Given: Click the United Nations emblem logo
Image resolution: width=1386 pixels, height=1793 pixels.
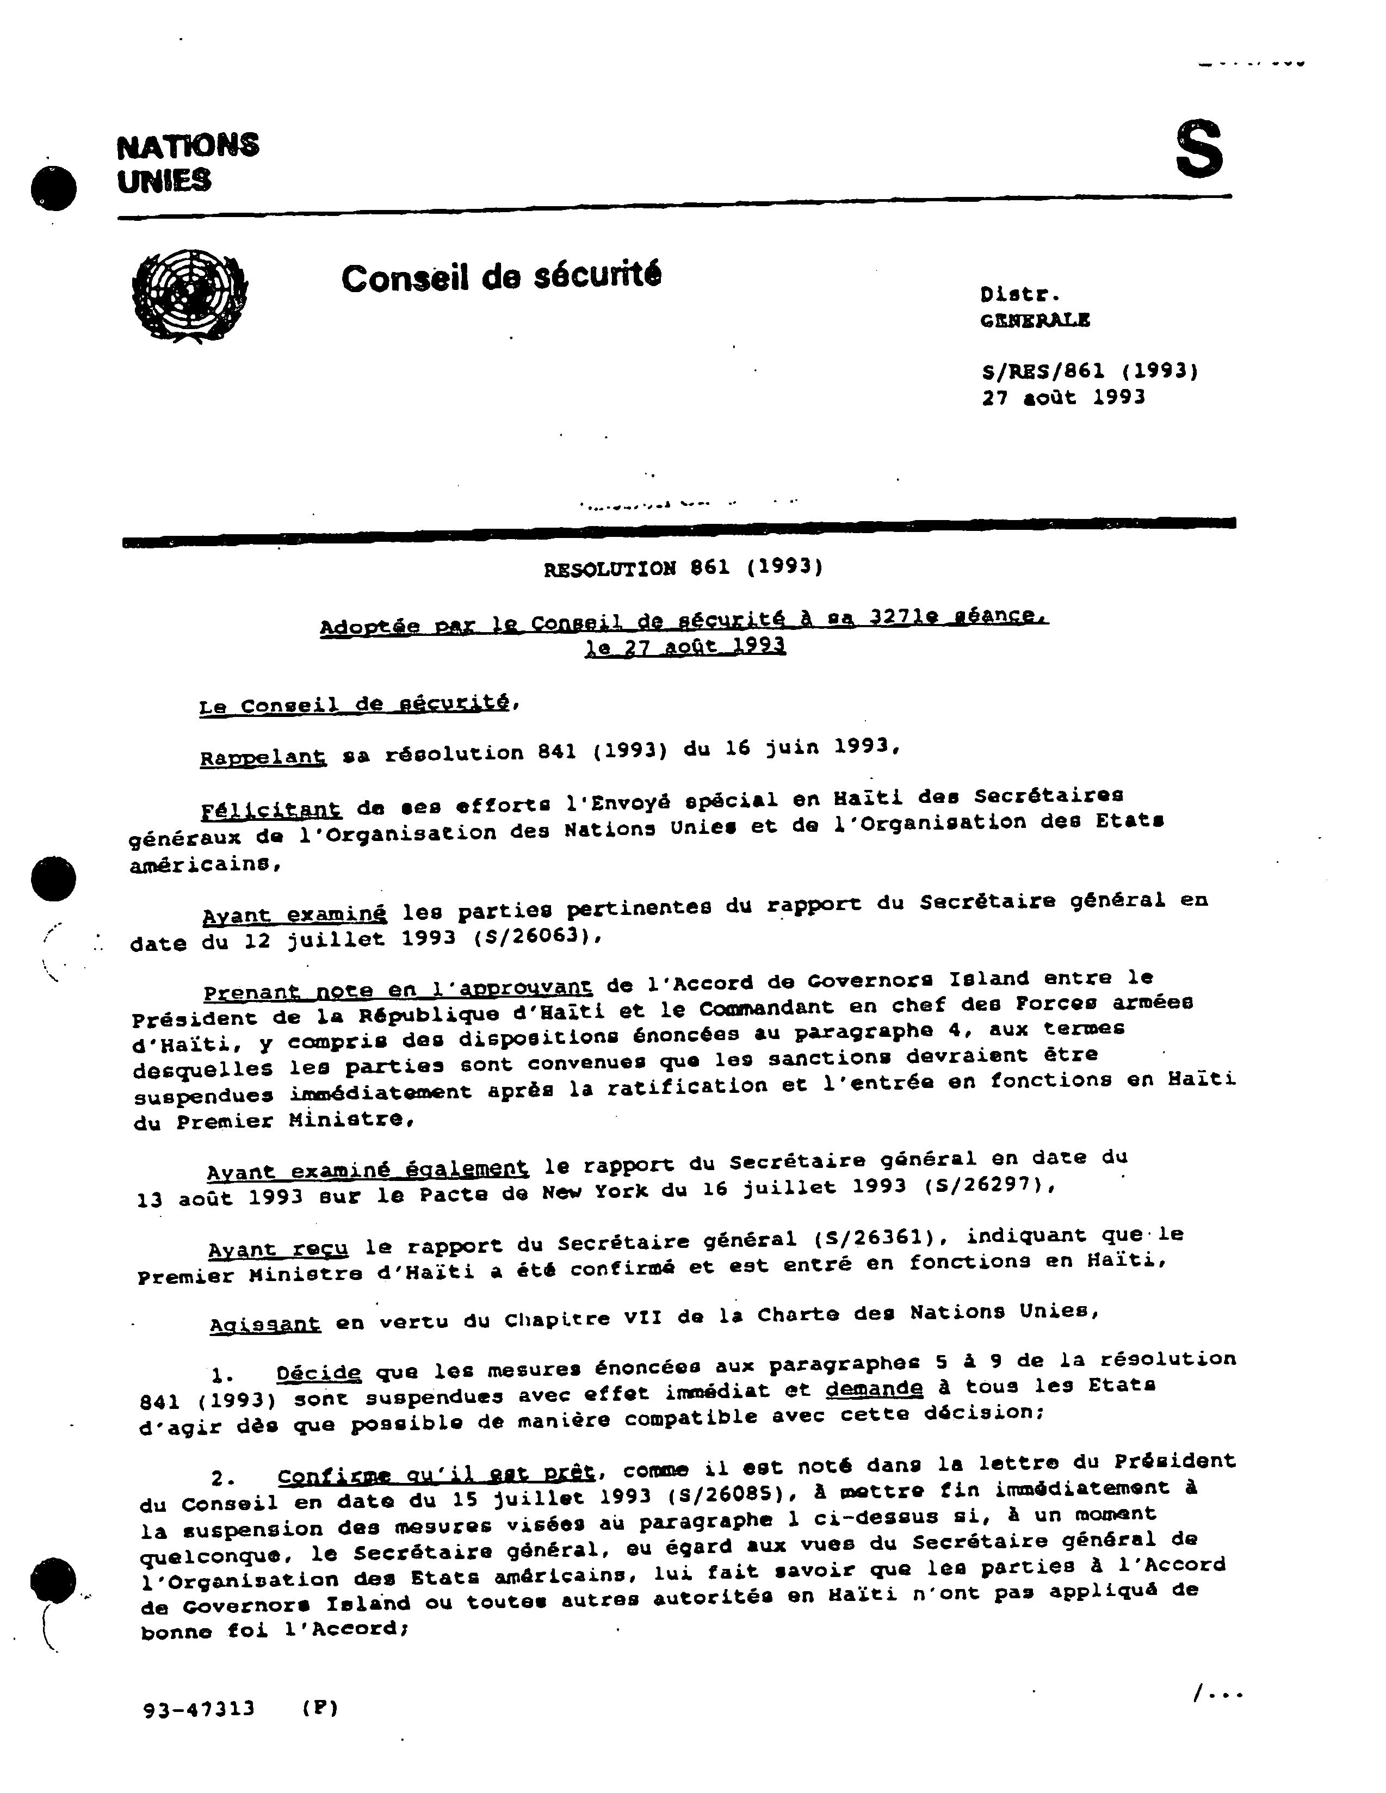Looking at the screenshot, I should pyautogui.click(x=190, y=297).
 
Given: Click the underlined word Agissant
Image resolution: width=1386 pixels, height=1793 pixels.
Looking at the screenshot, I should pyautogui.click(x=264, y=1325).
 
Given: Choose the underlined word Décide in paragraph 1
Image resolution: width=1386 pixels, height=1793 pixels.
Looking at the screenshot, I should pyautogui.click(x=319, y=1372).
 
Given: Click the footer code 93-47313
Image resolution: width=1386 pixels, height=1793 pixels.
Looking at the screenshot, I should pyautogui.click(x=200, y=1709).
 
